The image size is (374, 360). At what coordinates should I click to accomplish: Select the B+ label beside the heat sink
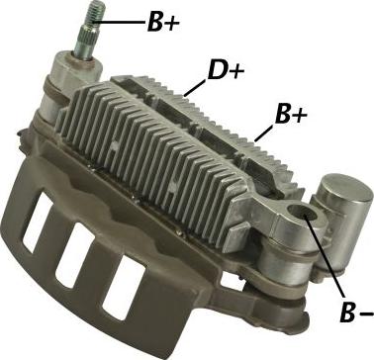pos(290,118)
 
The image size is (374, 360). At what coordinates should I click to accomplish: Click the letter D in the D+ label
pos(218,71)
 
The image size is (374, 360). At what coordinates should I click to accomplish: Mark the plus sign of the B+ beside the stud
pos(171,23)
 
